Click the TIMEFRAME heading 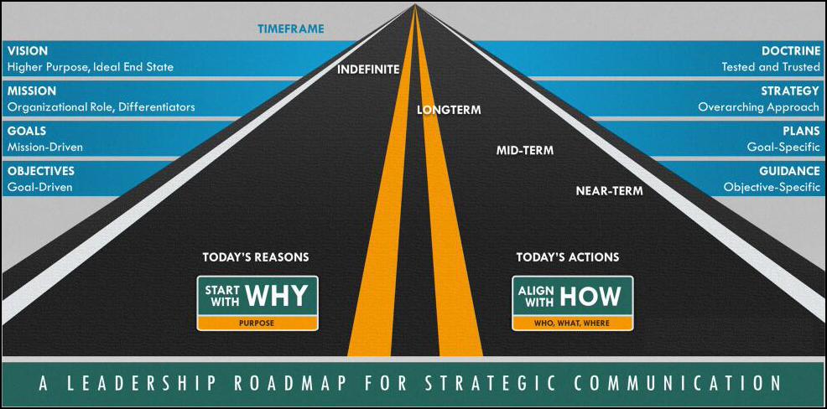(290, 28)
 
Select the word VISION (28, 51)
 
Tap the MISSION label (32, 91)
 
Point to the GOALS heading (26, 132)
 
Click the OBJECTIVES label (40, 171)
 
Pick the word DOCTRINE (791, 51)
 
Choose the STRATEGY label (789, 91)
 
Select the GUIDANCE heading (789, 171)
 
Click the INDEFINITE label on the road (368, 69)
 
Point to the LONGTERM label (449, 110)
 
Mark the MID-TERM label (525, 150)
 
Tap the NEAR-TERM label (610, 191)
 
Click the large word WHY (277, 296)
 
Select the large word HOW (590, 296)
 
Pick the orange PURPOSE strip (257, 323)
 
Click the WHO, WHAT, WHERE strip (573, 323)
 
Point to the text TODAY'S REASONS (256, 257)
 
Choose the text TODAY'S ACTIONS (568, 257)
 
